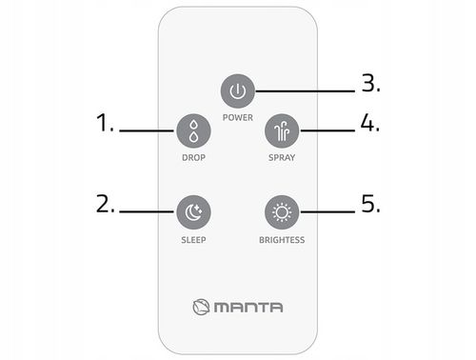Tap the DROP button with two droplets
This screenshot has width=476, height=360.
[193, 131]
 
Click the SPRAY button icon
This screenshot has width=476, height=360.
[282, 131]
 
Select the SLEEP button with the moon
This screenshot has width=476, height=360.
[193, 212]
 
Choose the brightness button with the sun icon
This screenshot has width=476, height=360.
[282, 212]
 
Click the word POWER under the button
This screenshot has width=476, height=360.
[238, 118]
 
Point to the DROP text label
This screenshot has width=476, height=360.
[193, 158]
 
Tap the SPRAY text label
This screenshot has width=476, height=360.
[282, 158]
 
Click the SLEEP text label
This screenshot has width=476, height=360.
[193, 240]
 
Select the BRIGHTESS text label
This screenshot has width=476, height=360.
[282, 240]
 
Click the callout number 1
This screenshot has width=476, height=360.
[105, 123]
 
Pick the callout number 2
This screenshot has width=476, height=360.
[106, 204]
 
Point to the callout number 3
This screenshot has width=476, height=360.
[370, 83]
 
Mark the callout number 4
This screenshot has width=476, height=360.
[370, 123]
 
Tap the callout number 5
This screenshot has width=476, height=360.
[370, 204]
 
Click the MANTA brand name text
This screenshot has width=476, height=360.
[248, 308]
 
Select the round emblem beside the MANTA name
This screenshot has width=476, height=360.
[201, 307]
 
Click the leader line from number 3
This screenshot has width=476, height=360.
[305, 91]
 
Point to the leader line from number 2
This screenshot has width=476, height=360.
[147, 211]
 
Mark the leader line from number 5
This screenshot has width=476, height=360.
[327, 211]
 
